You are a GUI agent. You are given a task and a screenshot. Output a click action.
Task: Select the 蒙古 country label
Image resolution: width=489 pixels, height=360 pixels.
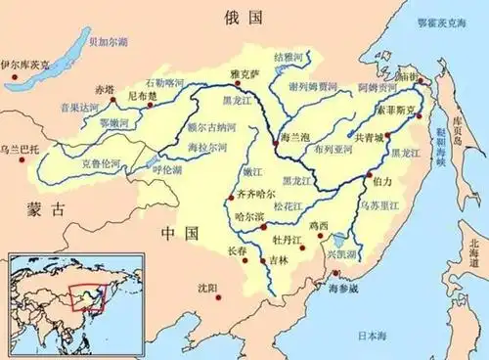click(45, 208)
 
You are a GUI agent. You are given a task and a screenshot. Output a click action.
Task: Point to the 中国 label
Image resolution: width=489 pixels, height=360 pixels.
click(178, 233)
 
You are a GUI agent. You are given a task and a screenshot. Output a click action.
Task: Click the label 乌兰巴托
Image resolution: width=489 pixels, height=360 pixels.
click(20, 148)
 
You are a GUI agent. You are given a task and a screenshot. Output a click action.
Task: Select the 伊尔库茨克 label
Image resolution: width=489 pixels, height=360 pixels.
click(24, 64)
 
